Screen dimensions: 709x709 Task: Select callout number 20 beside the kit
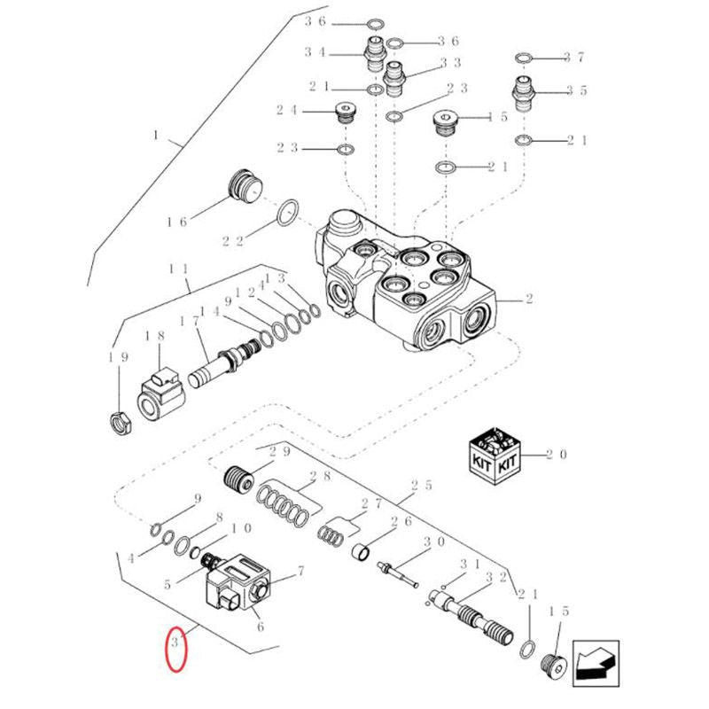point(556,455)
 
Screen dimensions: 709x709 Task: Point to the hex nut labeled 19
point(121,424)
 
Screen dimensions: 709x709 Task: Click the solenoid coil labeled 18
point(160,394)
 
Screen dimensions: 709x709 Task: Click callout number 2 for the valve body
point(529,299)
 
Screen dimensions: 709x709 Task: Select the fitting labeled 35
point(524,94)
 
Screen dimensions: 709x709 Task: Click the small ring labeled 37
point(524,58)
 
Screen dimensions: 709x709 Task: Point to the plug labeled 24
point(347,114)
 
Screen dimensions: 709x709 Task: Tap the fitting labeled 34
point(375,55)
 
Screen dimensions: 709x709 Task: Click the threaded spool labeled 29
point(239,481)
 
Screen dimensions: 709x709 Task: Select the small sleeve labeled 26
point(362,551)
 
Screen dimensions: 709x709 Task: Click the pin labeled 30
point(398,574)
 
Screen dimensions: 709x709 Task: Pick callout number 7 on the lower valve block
point(300,572)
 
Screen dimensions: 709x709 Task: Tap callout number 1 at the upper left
point(157,135)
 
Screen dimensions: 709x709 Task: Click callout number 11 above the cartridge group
point(178,269)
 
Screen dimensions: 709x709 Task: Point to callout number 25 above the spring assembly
point(422,486)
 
